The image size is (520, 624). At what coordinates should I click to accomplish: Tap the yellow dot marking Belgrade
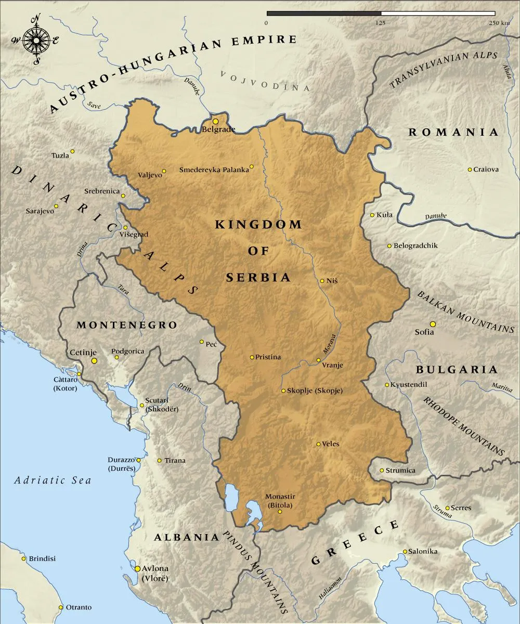215,121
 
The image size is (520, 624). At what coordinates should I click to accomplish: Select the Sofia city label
424,332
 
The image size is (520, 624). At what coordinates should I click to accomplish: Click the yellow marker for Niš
322,281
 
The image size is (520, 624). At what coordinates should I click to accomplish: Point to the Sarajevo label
40,211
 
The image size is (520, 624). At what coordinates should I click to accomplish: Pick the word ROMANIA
453,132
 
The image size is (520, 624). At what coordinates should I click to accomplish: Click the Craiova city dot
470,170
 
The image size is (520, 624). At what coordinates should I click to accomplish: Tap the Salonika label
423,551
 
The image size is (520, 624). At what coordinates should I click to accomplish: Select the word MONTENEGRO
127,325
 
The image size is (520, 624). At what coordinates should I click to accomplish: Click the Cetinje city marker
94,360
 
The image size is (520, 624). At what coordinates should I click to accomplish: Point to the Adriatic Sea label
53,480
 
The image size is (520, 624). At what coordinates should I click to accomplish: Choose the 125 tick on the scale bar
381,23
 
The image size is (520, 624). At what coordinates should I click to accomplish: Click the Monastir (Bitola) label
279,501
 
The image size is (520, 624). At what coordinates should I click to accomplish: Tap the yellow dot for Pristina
252,357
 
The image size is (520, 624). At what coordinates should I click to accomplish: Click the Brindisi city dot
23,558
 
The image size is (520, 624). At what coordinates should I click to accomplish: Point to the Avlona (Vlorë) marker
137,569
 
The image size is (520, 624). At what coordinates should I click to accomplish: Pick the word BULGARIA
457,370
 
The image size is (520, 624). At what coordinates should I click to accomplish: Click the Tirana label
175,461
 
